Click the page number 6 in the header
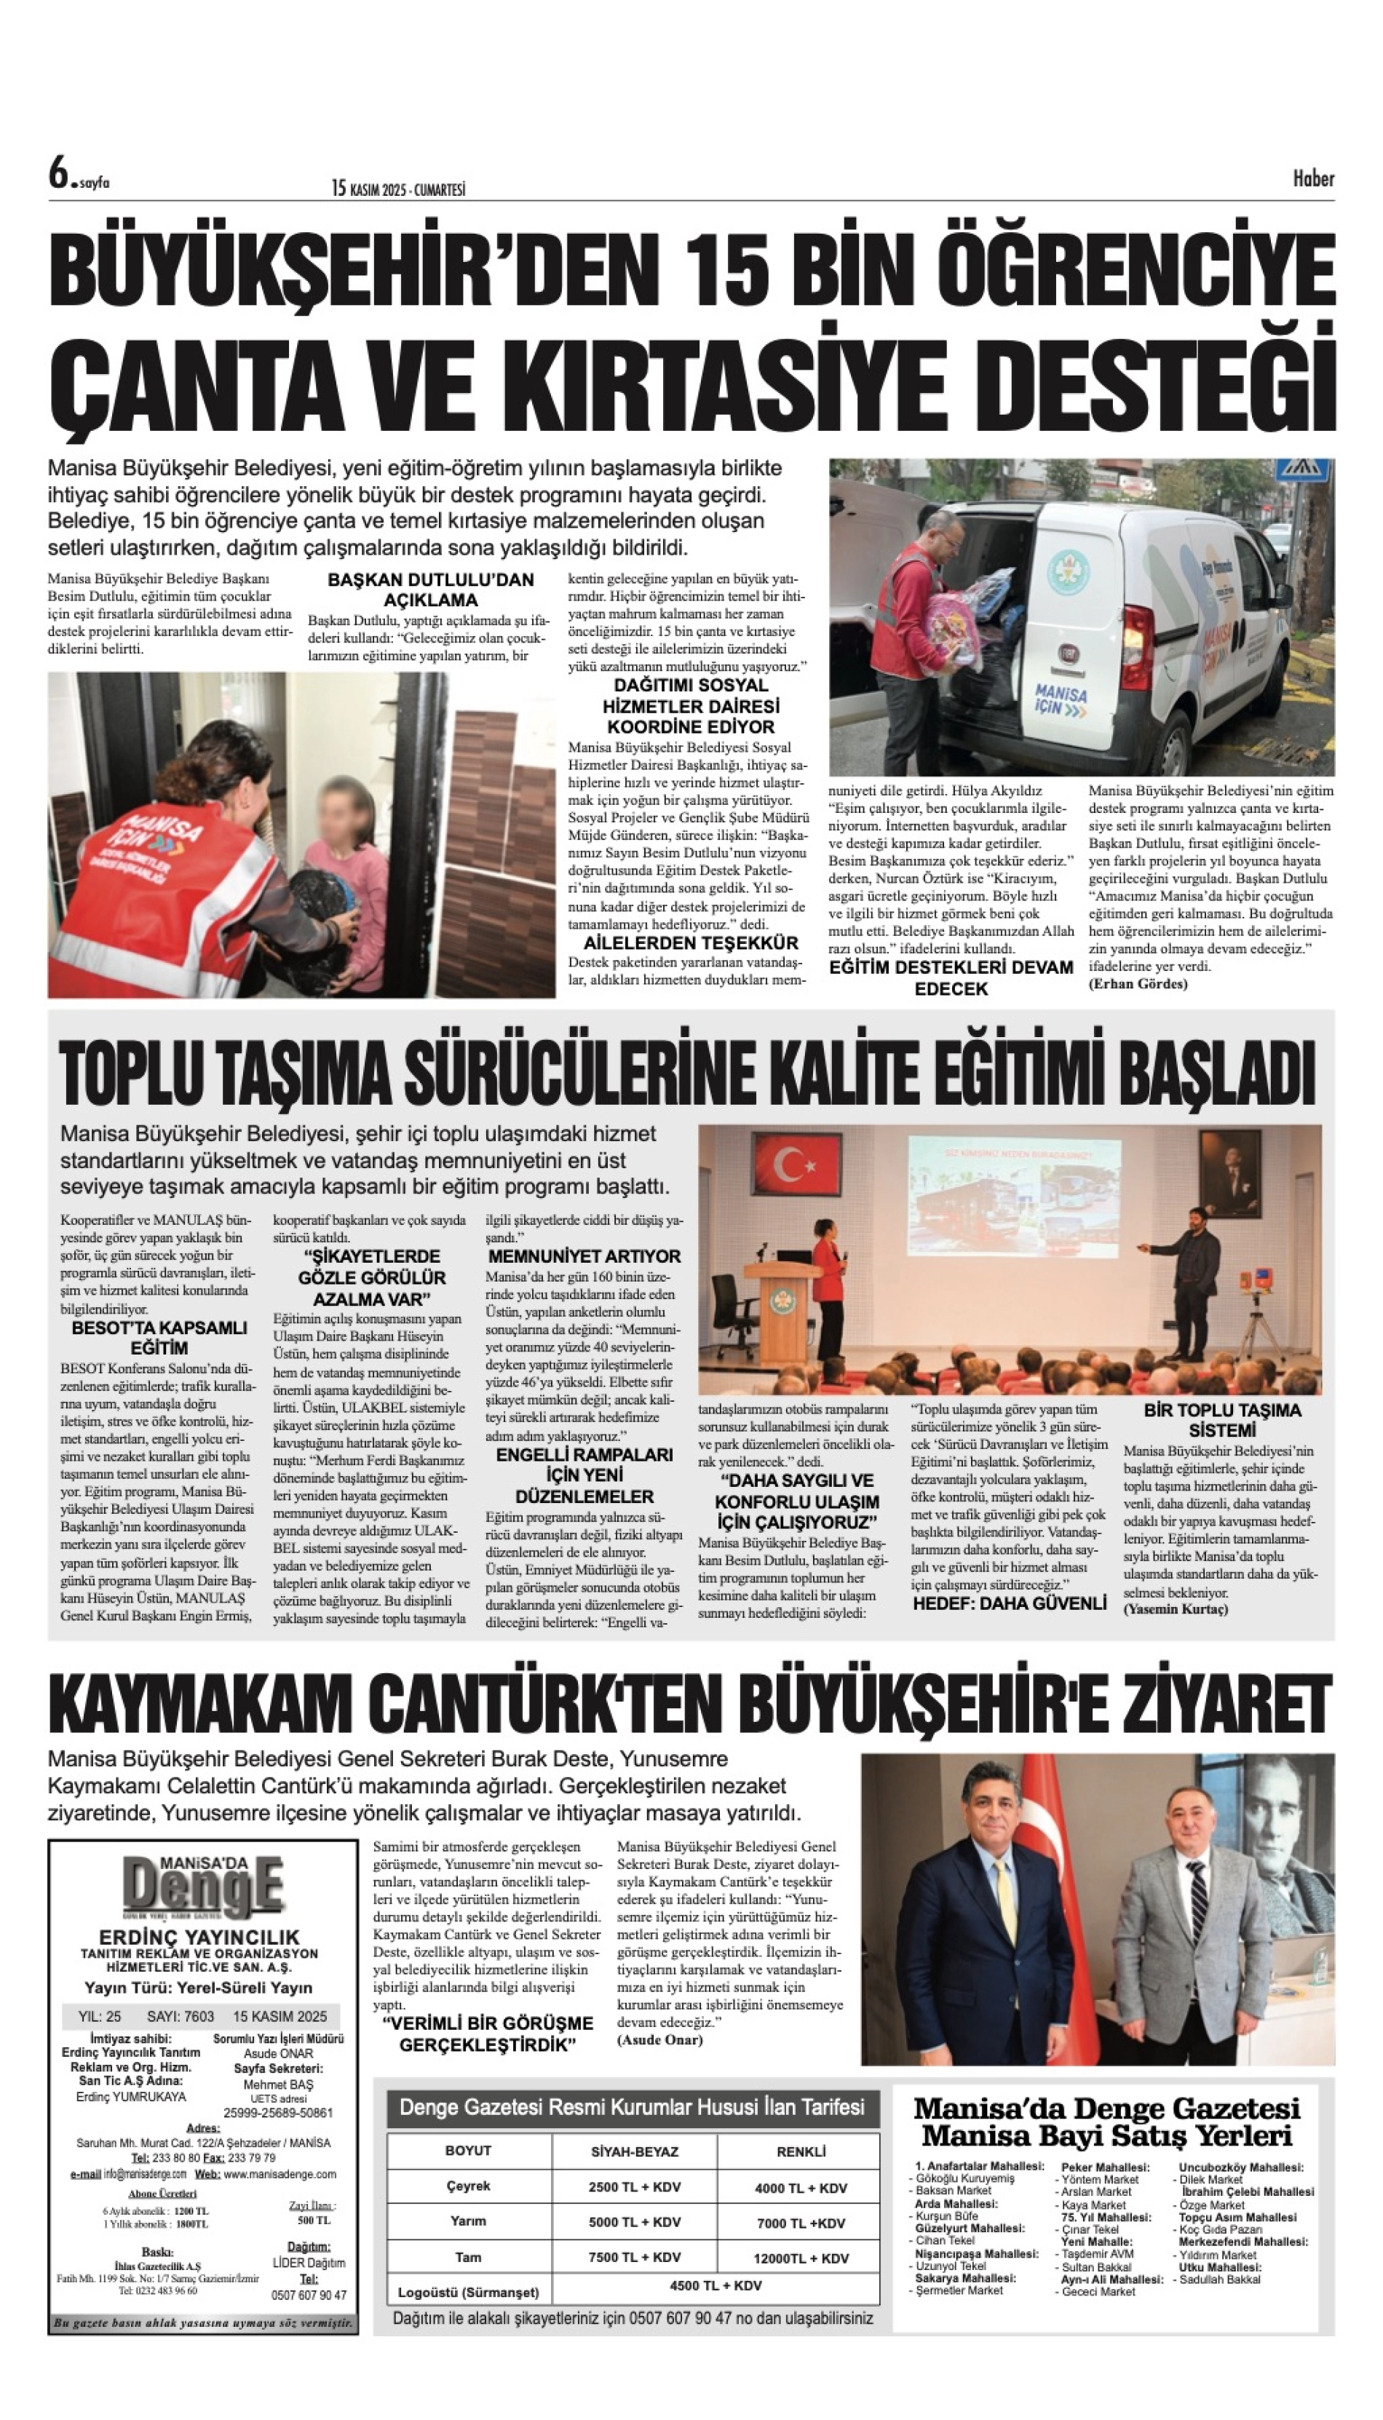click(x=60, y=175)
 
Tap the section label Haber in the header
click(x=1312, y=178)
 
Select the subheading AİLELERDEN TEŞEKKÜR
click(x=691, y=943)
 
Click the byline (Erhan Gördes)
click(x=1138, y=983)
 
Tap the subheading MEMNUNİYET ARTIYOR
click(x=583, y=1255)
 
